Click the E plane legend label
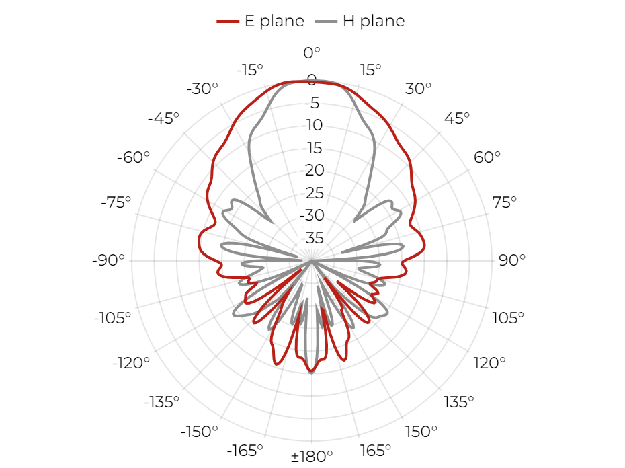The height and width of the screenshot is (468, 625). [x=274, y=21]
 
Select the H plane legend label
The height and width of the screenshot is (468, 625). [x=374, y=21]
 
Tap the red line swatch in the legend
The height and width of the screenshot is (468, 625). [x=228, y=22]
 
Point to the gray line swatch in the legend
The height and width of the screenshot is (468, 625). [x=326, y=22]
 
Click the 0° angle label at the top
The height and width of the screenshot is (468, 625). [x=312, y=52]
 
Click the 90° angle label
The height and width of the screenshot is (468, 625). [x=512, y=260]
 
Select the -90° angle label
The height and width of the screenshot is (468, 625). [x=108, y=260]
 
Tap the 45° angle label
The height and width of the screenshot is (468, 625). [x=457, y=118]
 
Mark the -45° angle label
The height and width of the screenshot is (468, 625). [x=163, y=118]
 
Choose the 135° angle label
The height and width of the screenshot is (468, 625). [x=459, y=402]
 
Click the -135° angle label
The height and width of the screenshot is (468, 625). [x=161, y=402]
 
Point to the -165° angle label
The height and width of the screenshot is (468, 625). [x=245, y=451]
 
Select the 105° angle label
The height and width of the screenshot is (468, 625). [x=508, y=318]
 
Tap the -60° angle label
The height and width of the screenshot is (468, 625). [x=133, y=157]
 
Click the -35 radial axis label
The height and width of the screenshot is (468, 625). [x=312, y=238]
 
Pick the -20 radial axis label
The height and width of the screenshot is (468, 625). [x=312, y=170]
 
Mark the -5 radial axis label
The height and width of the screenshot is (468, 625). [x=312, y=103]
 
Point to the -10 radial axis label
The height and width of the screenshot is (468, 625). [x=312, y=125]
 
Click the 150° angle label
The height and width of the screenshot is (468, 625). [x=421, y=431]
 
